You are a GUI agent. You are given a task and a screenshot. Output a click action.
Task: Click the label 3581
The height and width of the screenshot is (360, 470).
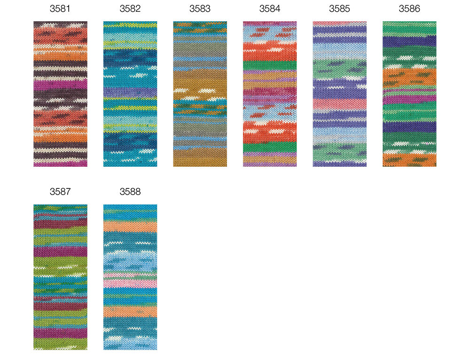pos(60,8)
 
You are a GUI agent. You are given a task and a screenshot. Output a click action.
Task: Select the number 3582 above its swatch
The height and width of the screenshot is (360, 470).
pos(130,8)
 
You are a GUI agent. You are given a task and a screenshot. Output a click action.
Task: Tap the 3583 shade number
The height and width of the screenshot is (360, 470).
pos(200,8)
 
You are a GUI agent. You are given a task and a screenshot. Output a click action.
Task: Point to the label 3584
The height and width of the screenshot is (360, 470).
pos(270,8)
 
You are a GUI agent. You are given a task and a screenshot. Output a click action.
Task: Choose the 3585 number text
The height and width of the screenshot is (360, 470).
pos(340,8)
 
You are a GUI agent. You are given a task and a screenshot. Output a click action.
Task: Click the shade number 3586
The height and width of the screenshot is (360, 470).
pos(409,8)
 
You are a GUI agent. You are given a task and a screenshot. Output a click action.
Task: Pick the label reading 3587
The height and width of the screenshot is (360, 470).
pos(60,192)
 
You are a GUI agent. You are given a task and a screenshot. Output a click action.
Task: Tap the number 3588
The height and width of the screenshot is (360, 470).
pos(130,192)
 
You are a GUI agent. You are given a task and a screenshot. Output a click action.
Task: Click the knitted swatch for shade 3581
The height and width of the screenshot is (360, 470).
pos(60,94)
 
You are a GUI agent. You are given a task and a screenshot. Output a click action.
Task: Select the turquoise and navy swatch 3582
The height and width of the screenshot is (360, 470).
pos(130,94)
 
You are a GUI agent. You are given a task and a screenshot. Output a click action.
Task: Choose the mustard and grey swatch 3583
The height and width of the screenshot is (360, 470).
pos(200,94)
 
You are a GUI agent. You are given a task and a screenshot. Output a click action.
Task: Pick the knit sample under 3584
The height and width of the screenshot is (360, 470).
pos(270,94)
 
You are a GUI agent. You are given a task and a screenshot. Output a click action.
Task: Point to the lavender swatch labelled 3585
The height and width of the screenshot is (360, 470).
pos(340,94)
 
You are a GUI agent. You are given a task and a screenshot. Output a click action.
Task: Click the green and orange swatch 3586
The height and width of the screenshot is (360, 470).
pos(409,94)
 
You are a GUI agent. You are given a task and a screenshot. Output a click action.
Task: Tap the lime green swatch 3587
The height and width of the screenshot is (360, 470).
pos(60,277)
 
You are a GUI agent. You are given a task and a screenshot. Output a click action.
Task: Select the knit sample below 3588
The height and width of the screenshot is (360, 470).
pos(130,277)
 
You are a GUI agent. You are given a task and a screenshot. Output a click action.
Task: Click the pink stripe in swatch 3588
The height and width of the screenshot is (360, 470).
pos(130,282)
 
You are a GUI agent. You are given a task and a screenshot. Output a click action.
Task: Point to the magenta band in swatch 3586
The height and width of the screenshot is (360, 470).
pos(409,99)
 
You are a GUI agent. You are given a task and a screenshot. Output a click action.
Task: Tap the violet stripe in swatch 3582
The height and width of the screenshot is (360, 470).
pos(130,92)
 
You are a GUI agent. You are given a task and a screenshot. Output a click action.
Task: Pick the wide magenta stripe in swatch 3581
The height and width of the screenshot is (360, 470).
pos(60,84)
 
